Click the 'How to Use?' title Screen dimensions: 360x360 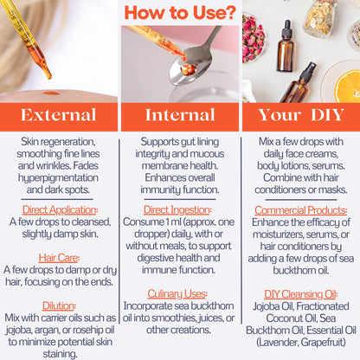pos(180,13)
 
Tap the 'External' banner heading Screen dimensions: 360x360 pos(58,115)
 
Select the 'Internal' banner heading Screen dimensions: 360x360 pos(180,115)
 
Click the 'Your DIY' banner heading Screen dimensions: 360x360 pos(301,115)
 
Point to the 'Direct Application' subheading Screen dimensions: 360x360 pos(60,210)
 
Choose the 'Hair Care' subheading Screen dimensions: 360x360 pos(59,258)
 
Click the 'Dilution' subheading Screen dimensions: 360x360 pos(59,305)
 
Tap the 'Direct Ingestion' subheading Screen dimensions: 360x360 pos(177,210)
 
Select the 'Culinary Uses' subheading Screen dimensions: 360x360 pos(177,294)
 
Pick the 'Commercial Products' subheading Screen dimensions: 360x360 pos(300,210)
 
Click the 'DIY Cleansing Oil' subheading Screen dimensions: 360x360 pos(301,294)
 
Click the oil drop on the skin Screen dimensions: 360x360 pos(51,93)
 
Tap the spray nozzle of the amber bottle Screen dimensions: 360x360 pos(307,72)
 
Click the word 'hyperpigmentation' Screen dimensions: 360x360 pos(58,178)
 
